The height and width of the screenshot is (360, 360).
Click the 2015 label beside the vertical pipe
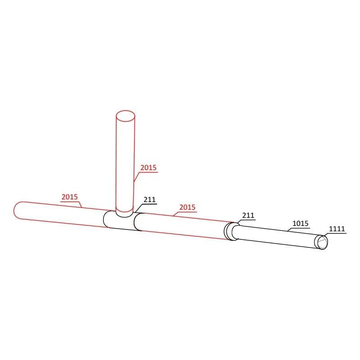(x=148, y=167)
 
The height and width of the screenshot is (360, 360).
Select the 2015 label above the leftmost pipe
(x=70, y=197)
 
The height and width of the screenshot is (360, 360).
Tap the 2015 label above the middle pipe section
(x=187, y=207)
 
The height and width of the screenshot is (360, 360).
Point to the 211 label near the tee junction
(x=149, y=199)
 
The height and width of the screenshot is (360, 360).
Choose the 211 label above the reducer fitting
(x=248, y=216)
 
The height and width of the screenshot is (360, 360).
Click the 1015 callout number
(x=301, y=223)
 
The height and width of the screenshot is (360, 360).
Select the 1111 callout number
(x=337, y=229)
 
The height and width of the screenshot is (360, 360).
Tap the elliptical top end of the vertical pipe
(x=125, y=116)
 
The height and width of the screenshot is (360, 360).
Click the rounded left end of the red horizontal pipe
(x=17, y=210)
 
